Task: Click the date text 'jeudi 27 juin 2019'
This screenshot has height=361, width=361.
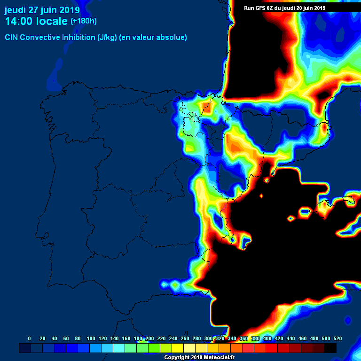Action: click(42, 10)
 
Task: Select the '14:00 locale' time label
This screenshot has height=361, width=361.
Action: click(36, 21)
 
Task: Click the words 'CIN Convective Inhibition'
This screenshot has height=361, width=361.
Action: click(50, 38)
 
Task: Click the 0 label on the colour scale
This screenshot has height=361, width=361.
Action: click(30, 338)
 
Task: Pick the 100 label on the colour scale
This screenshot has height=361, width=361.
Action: click(91, 338)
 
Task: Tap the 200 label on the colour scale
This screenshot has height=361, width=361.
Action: click(149, 338)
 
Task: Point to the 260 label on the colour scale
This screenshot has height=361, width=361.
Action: click(185, 338)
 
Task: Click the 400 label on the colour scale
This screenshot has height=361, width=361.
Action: click(267, 338)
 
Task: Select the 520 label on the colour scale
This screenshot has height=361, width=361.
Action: click(337, 338)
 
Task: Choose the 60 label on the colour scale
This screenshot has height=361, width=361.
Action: click(66, 338)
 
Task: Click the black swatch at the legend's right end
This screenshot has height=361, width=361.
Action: click(330, 348)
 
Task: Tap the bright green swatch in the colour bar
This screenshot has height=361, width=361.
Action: click(154, 348)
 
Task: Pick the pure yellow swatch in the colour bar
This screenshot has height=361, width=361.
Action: click(178, 348)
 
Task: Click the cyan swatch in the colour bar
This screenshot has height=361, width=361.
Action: click(119, 348)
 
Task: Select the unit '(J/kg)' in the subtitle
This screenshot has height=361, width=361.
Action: click(108, 38)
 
